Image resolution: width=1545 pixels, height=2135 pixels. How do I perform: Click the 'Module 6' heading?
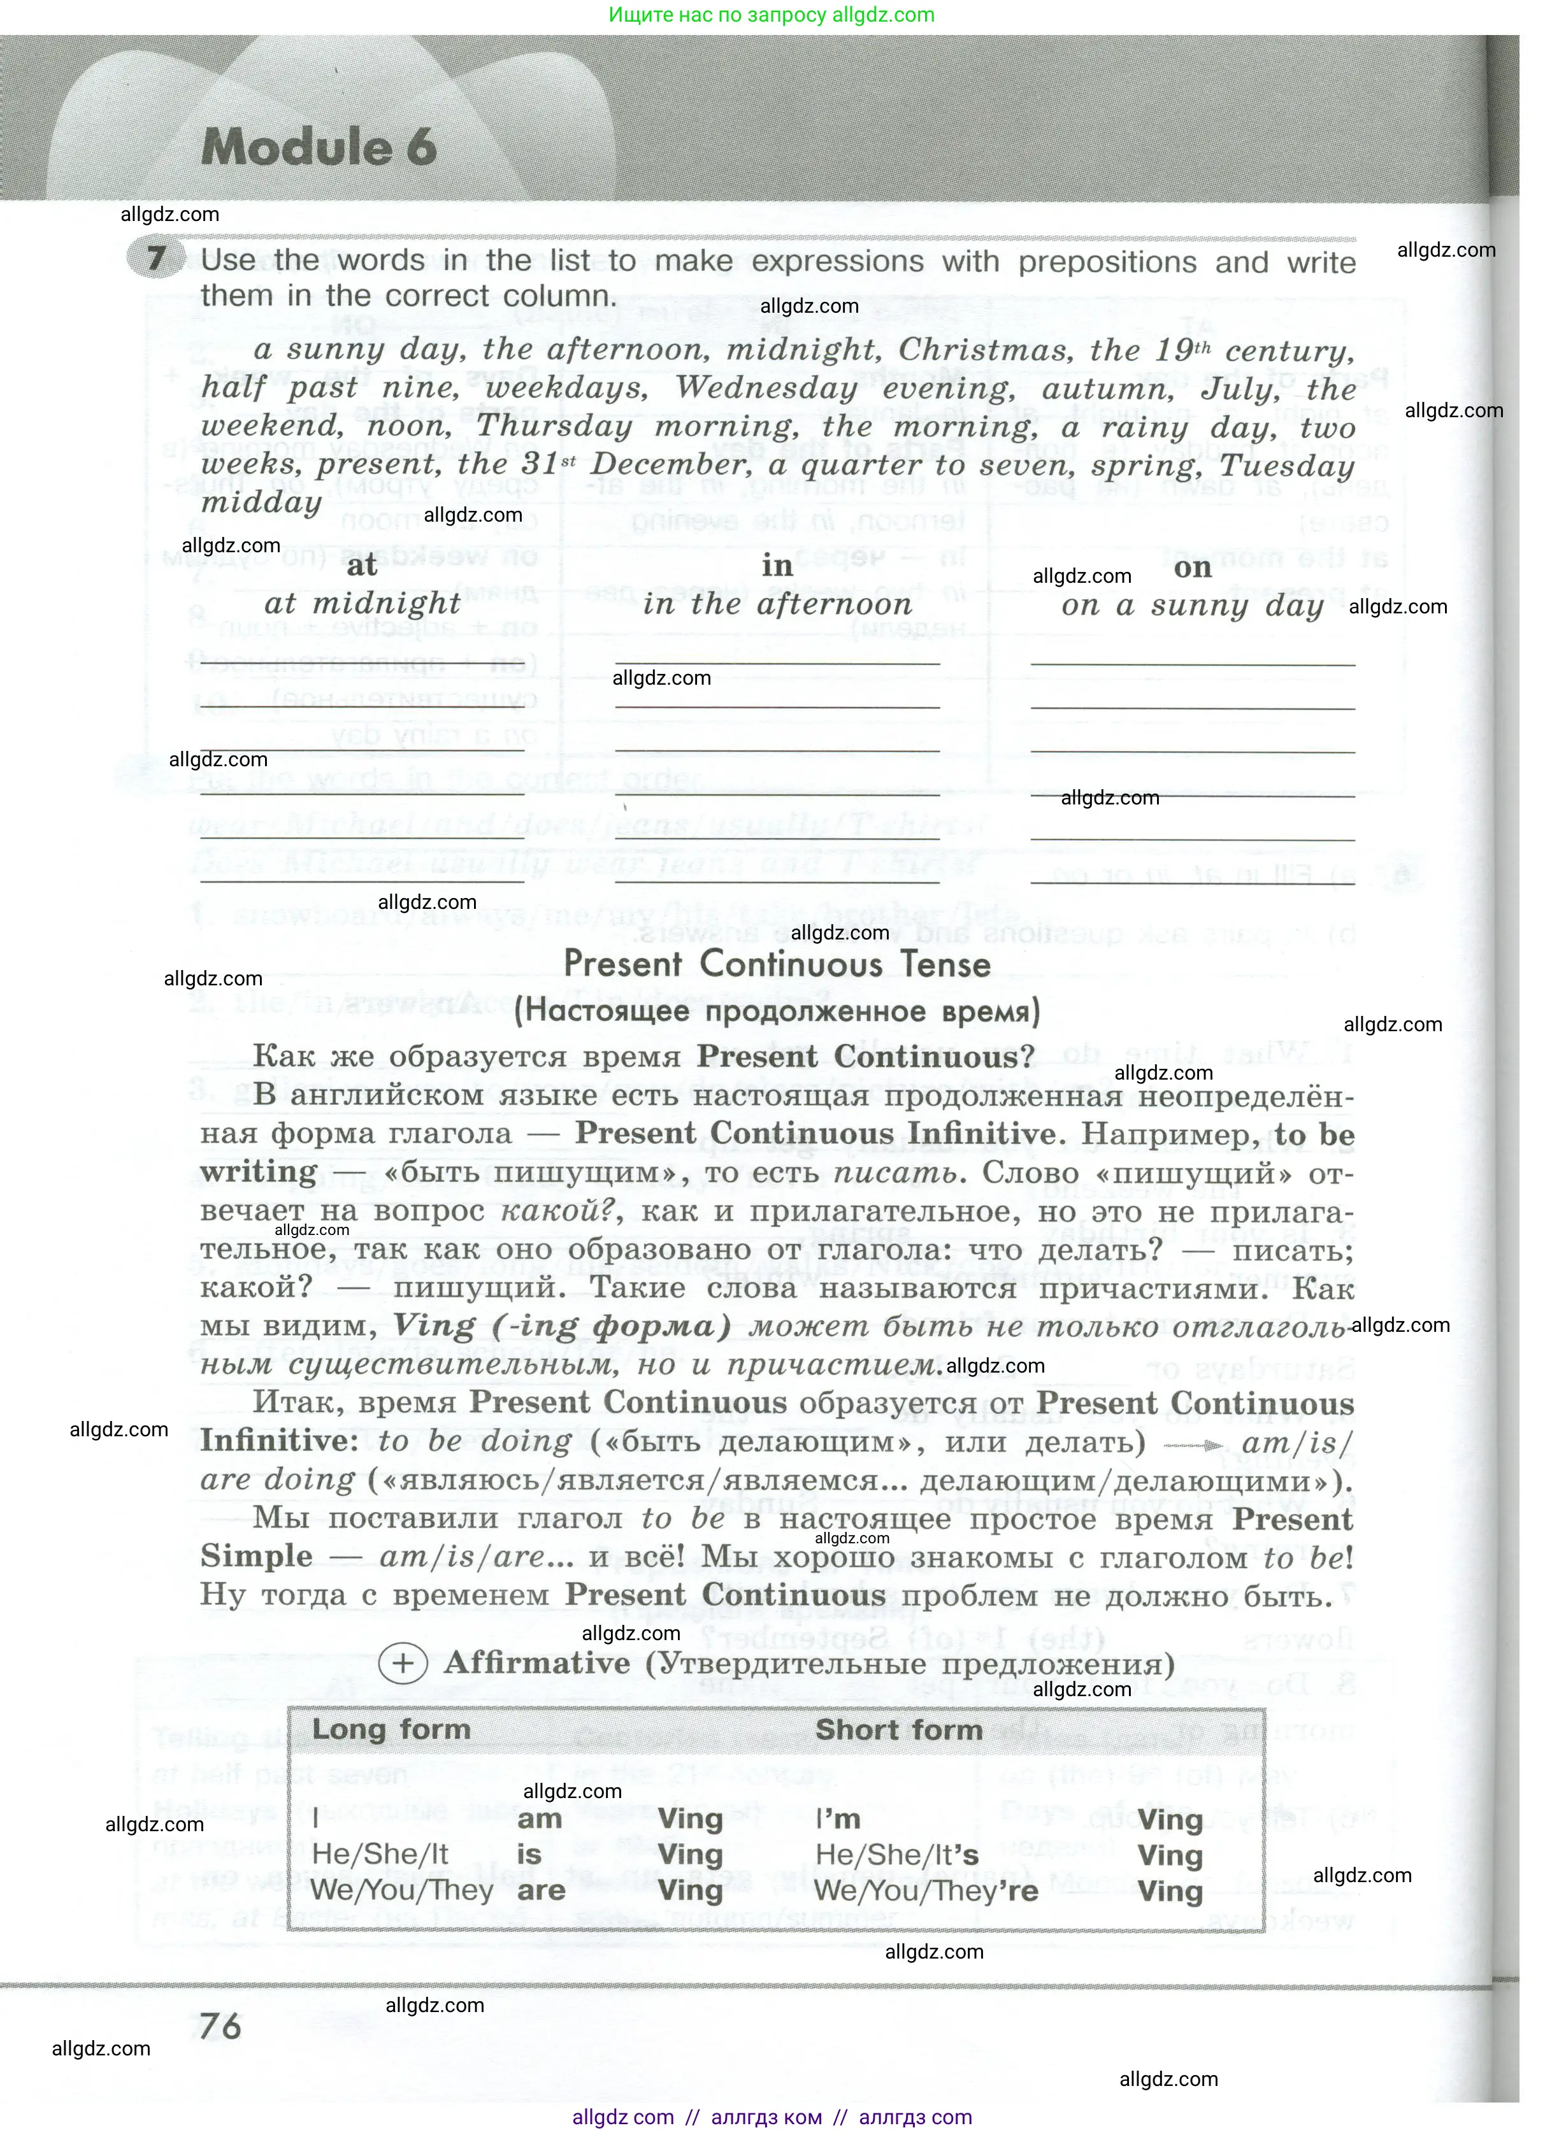319,148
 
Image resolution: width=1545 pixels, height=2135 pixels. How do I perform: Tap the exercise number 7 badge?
154,258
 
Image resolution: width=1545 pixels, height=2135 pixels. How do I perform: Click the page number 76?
220,2026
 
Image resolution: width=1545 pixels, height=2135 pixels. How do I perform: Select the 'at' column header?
361,565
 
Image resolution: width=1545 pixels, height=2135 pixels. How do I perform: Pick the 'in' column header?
777,566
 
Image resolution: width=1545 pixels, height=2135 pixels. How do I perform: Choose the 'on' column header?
1192,568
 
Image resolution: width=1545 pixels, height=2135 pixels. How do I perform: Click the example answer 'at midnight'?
363,603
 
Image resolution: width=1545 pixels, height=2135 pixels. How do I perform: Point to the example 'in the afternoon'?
778,604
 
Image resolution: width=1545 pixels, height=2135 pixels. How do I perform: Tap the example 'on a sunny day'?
1192,606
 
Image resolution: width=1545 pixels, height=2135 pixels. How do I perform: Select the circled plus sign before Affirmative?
402,1664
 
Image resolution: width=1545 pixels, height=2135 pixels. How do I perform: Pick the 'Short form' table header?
898,1729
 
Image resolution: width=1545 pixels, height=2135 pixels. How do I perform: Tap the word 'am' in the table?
540,1818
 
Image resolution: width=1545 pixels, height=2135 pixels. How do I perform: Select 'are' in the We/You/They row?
542,1890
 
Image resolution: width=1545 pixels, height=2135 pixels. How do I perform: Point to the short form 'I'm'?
838,1818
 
